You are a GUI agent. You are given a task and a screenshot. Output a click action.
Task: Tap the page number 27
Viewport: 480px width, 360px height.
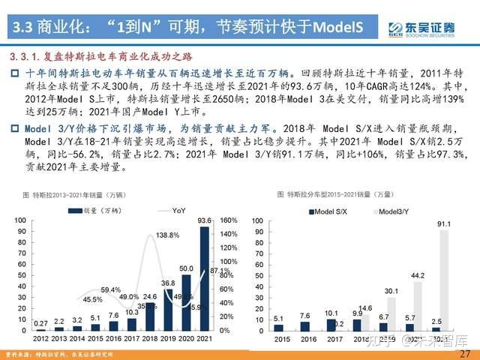tap(464, 353)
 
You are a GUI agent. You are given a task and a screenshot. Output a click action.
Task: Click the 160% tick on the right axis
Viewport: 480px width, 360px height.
tap(229, 220)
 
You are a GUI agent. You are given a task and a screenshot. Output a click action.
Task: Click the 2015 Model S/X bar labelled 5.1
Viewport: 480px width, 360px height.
tap(278, 327)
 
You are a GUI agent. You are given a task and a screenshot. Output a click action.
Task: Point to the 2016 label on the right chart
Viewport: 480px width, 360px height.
tap(306, 339)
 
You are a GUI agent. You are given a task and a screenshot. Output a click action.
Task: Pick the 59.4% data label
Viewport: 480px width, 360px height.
tap(111, 290)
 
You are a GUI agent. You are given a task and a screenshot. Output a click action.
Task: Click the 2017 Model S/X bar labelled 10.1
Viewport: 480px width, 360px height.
tap(332, 325)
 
